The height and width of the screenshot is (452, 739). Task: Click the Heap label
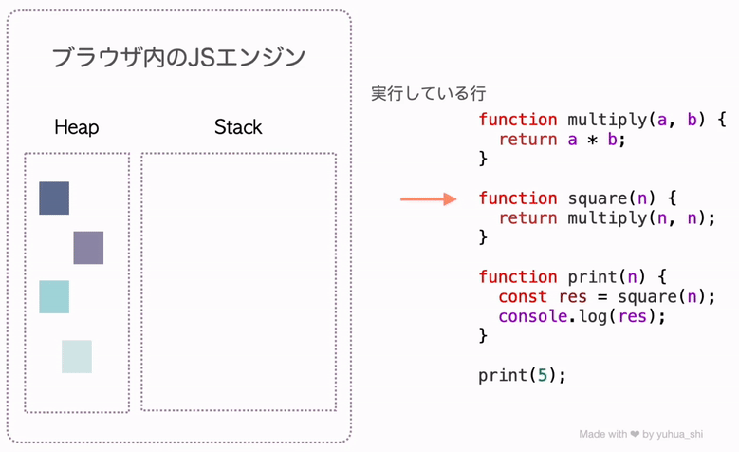76,127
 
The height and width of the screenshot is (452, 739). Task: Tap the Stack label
238,127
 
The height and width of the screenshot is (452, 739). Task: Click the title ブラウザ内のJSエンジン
178,58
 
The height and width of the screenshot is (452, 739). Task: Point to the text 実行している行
428,93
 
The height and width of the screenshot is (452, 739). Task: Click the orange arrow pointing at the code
429,199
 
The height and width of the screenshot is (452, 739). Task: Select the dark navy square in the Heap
54,198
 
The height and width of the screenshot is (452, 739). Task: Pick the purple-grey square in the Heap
88,248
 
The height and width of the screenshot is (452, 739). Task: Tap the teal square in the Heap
54,297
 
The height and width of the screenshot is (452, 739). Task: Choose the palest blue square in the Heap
77,357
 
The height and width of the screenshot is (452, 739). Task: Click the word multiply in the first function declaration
607,121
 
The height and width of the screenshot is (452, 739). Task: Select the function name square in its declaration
597,199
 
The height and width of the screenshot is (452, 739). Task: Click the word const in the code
523,297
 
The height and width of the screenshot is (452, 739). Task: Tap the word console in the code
532,316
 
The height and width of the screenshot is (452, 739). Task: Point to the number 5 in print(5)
543,376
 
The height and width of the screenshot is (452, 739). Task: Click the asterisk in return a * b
592,141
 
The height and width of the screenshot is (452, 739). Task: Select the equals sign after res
601,297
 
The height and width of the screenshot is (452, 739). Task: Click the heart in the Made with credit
635,434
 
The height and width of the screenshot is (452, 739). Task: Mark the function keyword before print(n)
518,277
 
